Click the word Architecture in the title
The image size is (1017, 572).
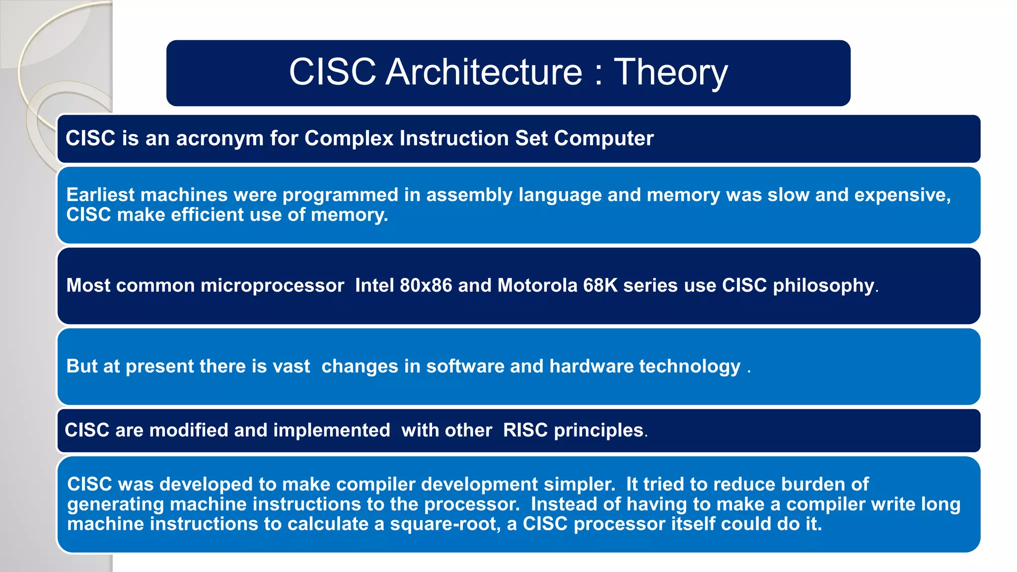pos(484,72)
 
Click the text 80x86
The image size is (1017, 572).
pos(426,286)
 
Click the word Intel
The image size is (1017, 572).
pos(374,286)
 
